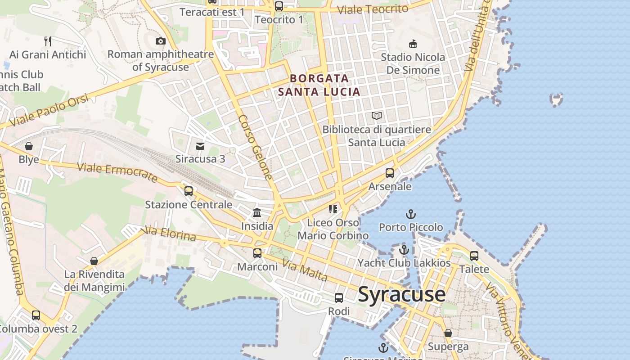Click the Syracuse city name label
[401, 295]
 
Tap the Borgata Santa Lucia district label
[319, 85]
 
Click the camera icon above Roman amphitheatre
[160, 41]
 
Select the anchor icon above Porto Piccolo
[410, 214]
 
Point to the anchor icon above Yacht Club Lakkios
[404, 250]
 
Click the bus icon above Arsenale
[390, 173]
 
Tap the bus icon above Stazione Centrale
[189, 191]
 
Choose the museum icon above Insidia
[257, 212]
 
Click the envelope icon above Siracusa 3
[200, 146]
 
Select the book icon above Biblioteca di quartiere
[377, 116]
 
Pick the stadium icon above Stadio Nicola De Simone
[413, 44]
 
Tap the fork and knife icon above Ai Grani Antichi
[48, 41]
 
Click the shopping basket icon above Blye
[29, 146]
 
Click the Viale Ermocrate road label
[117, 173]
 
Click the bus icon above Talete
[474, 256]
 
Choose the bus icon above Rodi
[339, 298]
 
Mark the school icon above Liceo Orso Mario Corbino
[333, 209]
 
